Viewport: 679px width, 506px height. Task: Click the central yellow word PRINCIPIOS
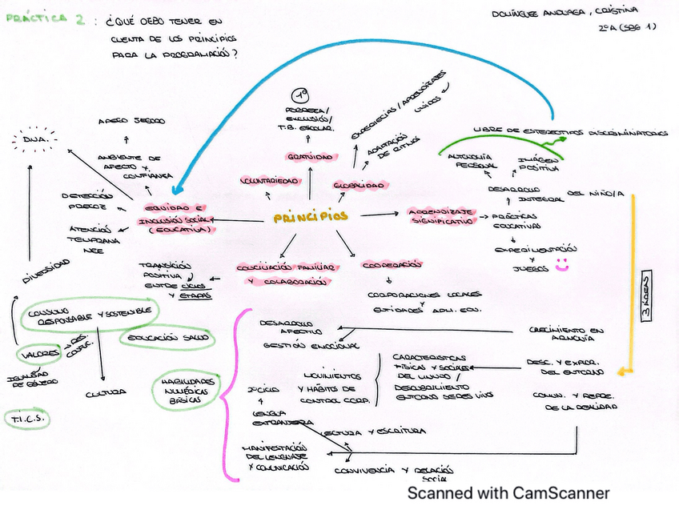pos(311,217)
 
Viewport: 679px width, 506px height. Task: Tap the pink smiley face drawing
pos(562,266)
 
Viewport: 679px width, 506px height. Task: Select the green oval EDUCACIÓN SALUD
pos(167,338)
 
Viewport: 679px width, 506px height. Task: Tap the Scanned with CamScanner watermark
pos(508,493)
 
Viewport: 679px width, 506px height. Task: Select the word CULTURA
pos(106,392)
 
